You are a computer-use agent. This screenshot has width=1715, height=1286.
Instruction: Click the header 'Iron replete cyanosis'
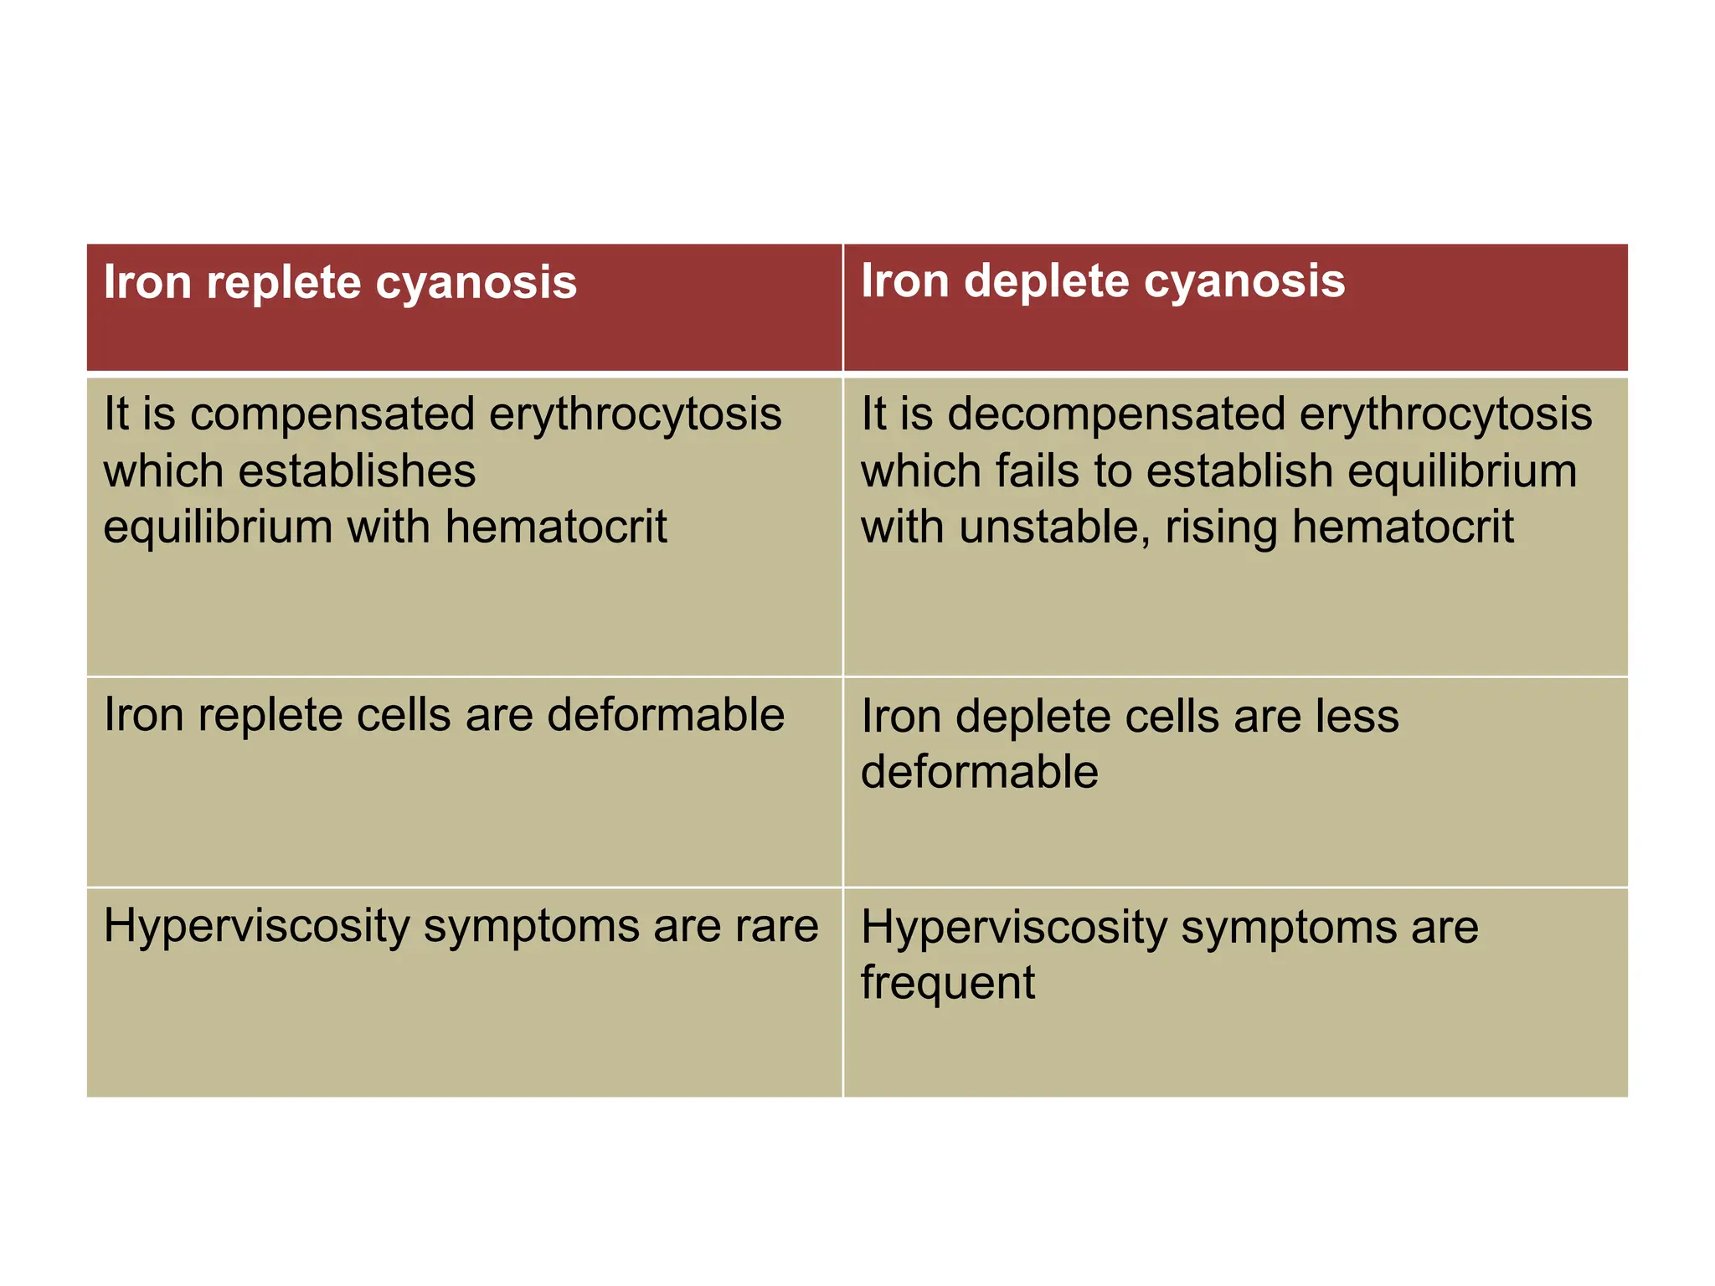[x=340, y=282]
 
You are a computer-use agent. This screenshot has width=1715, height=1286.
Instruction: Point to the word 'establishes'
[x=357, y=471]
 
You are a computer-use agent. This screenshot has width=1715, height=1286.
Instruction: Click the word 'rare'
[x=776, y=926]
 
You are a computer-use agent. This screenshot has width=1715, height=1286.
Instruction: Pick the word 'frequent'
[x=948, y=983]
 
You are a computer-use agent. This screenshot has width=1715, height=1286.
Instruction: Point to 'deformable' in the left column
[x=666, y=715]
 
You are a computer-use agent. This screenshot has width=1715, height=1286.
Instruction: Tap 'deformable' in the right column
[x=980, y=772]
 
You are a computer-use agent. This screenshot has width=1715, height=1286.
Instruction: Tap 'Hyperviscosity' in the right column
[x=1013, y=928]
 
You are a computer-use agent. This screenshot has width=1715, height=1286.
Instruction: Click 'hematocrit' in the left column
[x=556, y=527]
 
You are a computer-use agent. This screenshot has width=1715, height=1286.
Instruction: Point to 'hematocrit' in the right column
[x=1403, y=527]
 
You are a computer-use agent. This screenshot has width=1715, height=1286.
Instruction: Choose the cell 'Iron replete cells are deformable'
[x=444, y=716]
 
